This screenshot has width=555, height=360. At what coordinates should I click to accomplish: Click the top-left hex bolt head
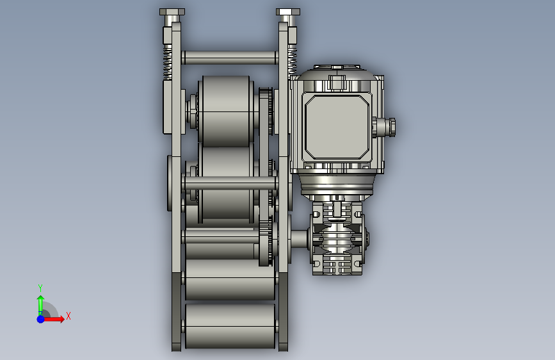point(172,12)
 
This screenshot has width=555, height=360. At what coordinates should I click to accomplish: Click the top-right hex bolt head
point(288,12)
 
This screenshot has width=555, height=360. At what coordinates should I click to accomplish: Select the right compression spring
point(293,61)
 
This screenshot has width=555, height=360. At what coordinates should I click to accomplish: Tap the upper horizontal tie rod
point(229,58)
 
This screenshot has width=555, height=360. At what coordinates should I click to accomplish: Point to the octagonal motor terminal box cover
point(337,127)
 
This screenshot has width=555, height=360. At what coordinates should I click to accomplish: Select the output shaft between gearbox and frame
point(299,239)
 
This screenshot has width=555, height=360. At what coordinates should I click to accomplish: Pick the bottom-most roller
point(230,325)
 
